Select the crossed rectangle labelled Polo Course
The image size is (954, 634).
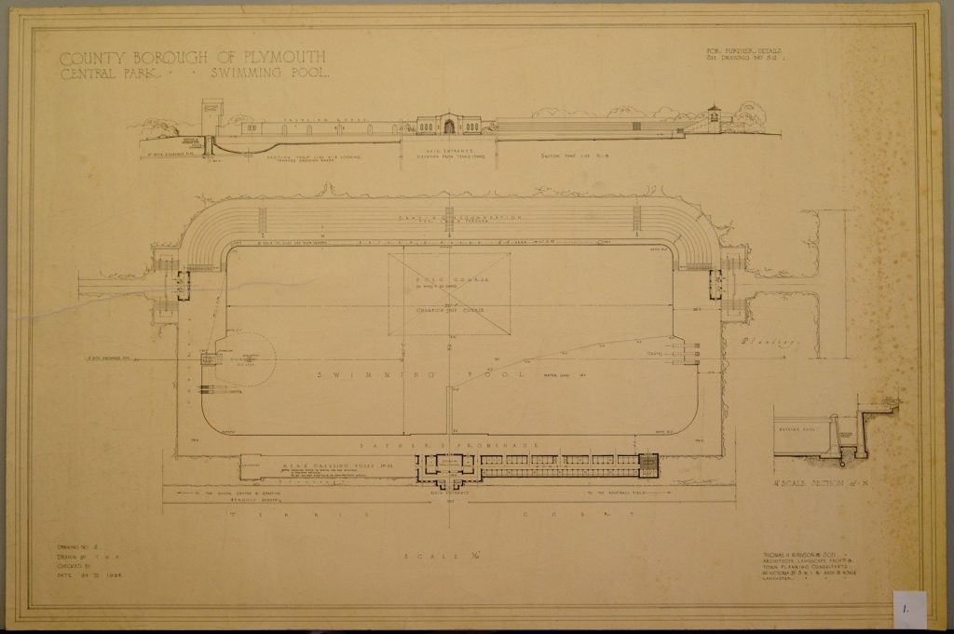pos(449,293)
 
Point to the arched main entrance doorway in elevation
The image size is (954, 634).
pos(449,127)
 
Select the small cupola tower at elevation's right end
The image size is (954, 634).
pos(714,118)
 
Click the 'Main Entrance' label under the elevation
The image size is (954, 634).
pos(448,148)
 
